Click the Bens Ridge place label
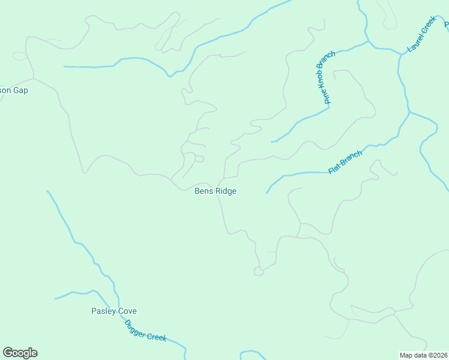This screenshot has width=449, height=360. pos(215,191)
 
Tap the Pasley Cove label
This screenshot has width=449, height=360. pos(114,311)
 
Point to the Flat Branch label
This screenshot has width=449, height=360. pos(345,163)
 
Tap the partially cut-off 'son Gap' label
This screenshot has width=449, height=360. pos(14,91)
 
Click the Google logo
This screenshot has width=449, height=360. pos(20,353)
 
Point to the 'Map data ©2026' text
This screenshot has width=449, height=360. pos(424,355)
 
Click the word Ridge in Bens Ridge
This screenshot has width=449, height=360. pos(226,191)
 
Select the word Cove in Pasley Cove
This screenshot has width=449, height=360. pos(127,311)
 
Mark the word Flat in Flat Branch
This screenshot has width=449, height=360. pos(334,169)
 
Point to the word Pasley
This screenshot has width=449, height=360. pos(103,311)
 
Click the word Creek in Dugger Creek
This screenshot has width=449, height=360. pos(157,337)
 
